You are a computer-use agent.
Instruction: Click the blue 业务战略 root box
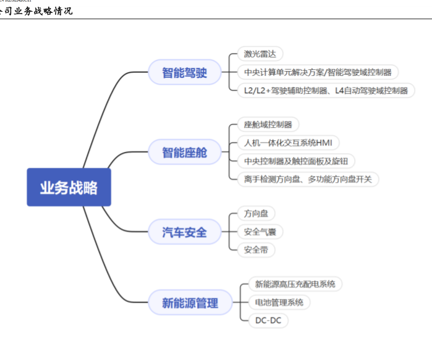click(69, 187)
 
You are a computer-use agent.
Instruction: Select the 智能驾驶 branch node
click(184, 73)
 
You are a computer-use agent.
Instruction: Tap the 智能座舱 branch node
click(184, 151)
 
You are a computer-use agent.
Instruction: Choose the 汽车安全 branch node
click(184, 232)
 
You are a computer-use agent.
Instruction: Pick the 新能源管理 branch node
click(190, 303)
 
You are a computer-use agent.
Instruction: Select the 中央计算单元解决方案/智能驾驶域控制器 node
click(318, 72)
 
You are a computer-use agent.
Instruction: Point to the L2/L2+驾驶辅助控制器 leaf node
click(326, 90)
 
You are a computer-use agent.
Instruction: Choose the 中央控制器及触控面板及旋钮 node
click(296, 161)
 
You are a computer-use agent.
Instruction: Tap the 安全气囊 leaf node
click(260, 232)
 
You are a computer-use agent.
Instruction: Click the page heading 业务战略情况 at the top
click(37, 10)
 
